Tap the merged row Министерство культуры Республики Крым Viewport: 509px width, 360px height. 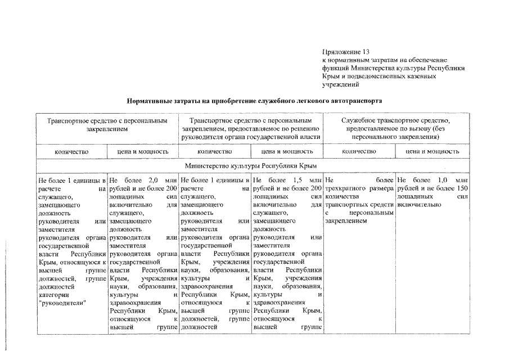[251, 166]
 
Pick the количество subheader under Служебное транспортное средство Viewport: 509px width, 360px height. [359, 151]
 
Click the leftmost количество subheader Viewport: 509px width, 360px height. [71, 151]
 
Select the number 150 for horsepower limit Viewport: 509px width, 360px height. [463, 188]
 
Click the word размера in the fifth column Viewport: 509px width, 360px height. [381, 188]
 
